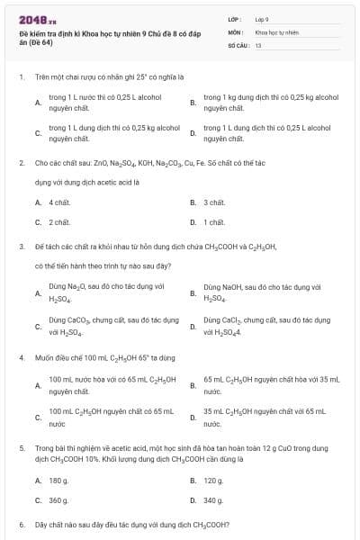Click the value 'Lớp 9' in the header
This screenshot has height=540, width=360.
(262, 19)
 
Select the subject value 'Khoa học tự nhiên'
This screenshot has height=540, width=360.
(274, 31)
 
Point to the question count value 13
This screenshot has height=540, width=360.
(258, 44)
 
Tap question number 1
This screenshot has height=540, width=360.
(21, 77)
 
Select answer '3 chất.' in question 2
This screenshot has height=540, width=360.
(213, 203)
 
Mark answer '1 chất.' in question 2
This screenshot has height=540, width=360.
(213, 221)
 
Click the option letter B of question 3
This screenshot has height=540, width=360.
(193, 292)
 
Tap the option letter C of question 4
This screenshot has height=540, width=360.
(38, 417)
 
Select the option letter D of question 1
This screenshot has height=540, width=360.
(193, 133)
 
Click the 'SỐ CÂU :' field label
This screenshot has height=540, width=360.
(238, 44)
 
